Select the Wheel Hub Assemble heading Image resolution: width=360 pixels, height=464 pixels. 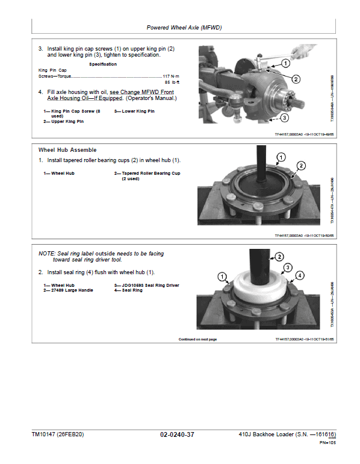67,149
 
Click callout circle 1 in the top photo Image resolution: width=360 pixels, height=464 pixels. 285,63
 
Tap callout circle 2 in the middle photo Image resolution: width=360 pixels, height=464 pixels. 301,166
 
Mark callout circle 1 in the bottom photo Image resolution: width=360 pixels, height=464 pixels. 223,277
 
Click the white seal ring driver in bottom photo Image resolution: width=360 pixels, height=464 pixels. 261,287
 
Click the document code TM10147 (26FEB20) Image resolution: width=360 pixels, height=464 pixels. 60,434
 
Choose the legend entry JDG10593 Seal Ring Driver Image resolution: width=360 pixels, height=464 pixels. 146,285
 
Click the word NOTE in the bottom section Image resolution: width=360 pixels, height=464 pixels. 46,254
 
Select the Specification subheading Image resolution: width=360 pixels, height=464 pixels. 103,64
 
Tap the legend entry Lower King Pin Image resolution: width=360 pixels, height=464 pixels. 134,111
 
